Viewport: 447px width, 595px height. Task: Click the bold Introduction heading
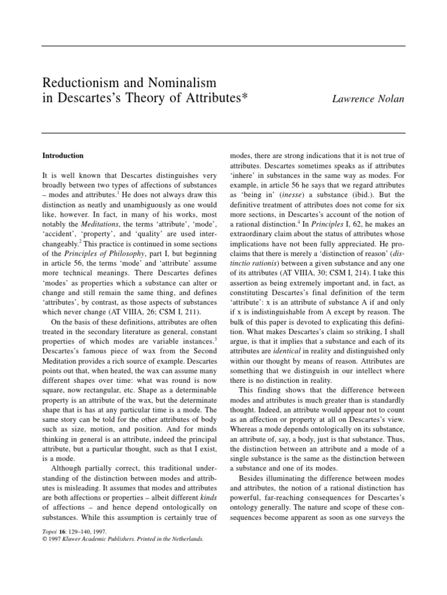pyautogui.click(x=63, y=156)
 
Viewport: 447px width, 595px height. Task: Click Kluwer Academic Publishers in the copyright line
pyautogui.click(x=107, y=539)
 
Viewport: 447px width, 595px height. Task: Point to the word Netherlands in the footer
pyautogui.click(x=185, y=539)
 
